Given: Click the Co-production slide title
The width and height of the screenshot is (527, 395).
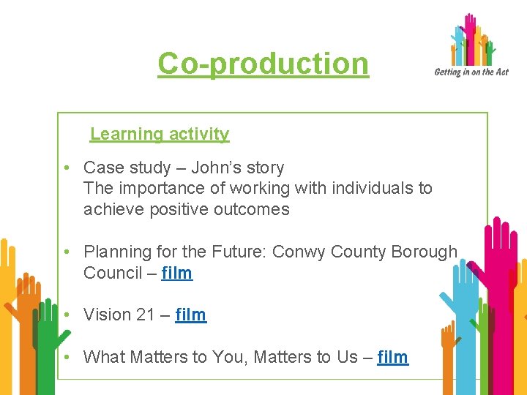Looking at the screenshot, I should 263,64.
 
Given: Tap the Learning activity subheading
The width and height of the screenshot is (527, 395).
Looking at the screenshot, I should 160,134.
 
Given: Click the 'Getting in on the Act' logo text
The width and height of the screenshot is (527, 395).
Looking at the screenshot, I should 471,72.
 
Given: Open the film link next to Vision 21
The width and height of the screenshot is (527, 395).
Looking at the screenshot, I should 191,315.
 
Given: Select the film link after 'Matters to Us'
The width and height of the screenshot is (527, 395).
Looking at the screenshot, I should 393,357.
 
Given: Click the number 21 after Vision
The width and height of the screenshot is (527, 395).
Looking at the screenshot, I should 144,315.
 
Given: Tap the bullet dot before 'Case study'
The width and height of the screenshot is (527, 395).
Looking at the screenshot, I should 66,168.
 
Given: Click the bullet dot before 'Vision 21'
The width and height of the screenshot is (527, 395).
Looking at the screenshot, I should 66,315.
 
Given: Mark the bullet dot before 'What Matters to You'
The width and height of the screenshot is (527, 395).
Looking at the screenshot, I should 66,357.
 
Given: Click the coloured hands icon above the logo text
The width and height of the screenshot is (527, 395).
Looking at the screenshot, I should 472,39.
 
